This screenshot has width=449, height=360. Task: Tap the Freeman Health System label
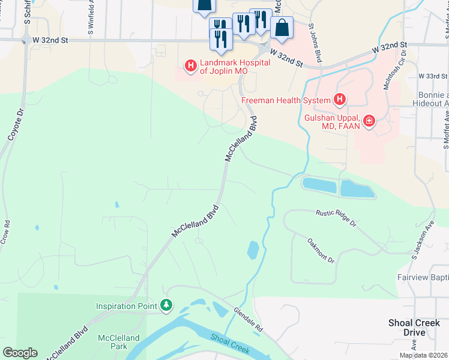286,100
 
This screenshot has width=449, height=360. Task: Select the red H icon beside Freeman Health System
339,99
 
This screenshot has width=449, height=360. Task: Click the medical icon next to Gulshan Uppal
369,122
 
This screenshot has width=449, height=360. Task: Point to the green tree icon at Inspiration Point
166,306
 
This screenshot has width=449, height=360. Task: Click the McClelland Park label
119,342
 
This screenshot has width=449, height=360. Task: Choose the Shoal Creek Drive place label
414,328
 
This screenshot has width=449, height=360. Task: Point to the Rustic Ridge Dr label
336,217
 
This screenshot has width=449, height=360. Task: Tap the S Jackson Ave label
423,241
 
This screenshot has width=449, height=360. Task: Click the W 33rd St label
432,76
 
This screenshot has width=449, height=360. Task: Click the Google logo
20,353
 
